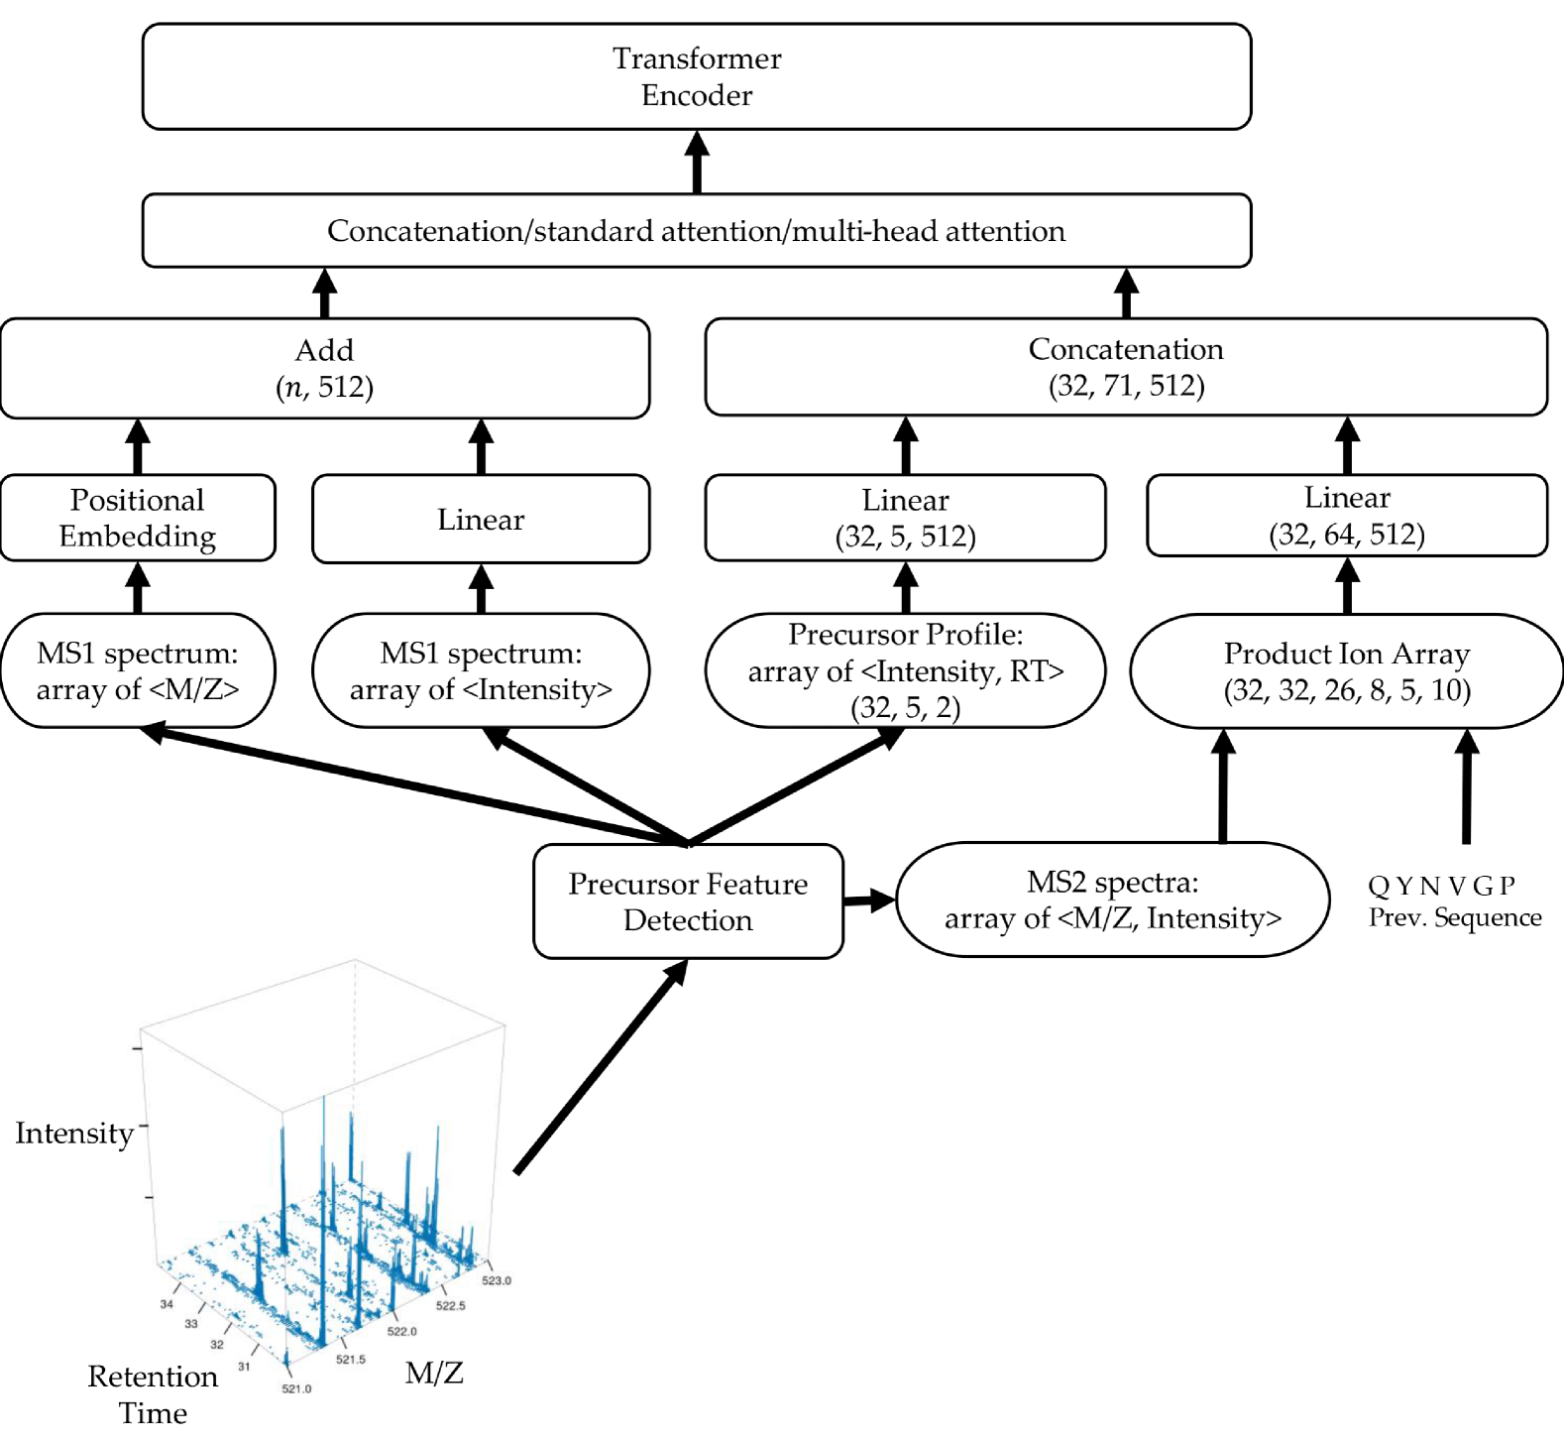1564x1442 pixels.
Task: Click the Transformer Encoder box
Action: [x=697, y=76]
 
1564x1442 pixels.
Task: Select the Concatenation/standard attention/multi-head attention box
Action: [x=697, y=230]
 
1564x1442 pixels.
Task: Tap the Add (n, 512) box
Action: [x=325, y=368]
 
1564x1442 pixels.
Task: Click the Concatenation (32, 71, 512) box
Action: [x=1126, y=367]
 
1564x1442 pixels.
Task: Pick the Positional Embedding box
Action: [x=138, y=518]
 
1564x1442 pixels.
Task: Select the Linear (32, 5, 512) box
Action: [x=905, y=518]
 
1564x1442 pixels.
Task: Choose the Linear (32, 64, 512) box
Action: [x=1347, y=516]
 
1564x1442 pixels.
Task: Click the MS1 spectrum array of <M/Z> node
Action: [x=138, y=670]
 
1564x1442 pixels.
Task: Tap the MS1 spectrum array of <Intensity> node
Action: [x=481, y=670]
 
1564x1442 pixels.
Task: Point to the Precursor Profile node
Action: [x=905, y=670]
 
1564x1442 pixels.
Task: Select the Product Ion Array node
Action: [x=1347, y=670]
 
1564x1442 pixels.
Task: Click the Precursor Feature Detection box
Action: [x=688, y=901]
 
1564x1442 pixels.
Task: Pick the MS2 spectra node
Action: [x=1112, y=900]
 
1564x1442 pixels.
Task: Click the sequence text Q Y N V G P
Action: [x=1441, y=886]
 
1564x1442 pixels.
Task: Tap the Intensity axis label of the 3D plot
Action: [x=74, y=1133]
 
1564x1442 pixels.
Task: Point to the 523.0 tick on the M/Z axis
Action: [x=497, y=1280]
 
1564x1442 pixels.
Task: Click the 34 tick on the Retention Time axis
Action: [x=167, y=1304]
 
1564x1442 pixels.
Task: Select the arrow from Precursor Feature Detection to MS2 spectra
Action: [x=869, y=901]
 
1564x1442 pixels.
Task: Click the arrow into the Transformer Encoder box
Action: [x=697, y=162]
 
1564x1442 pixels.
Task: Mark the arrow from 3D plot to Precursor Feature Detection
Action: [x=602, y=1066]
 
